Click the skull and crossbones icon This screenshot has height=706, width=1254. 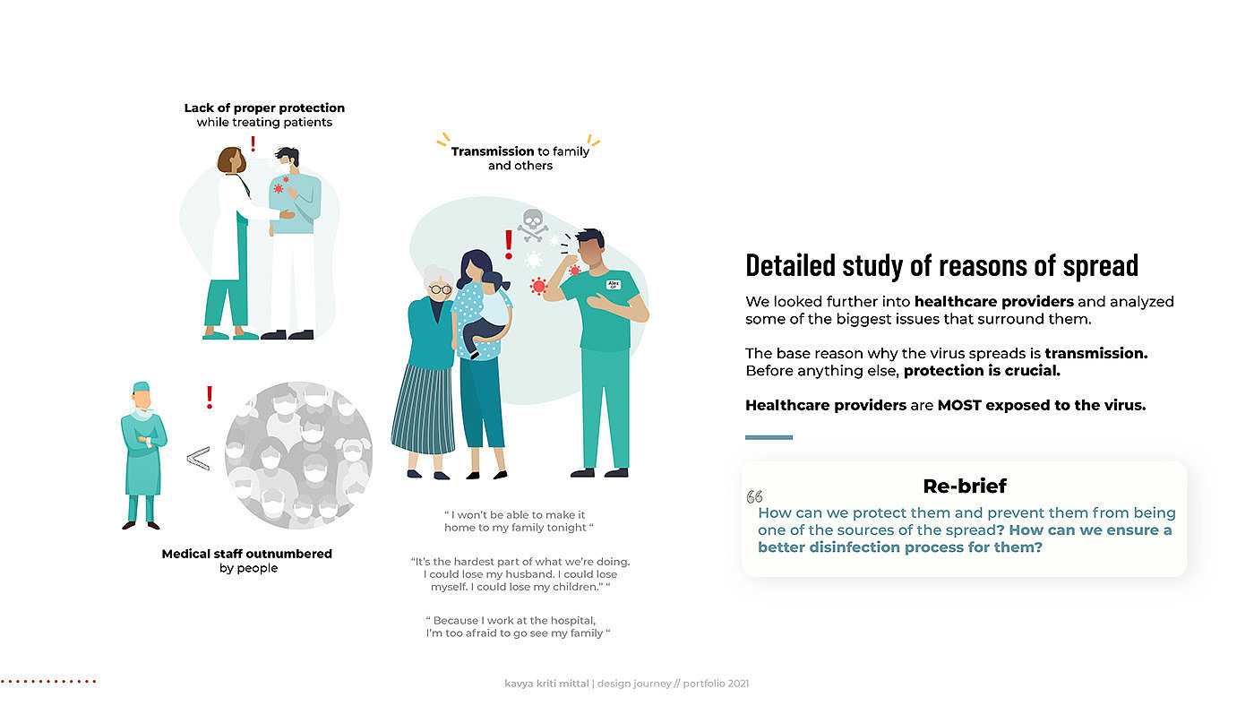pyautogui.click(x=533, y=224)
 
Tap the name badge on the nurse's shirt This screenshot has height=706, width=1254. pyautogui.click(x=614, y=284)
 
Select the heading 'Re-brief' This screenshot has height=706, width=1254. pyautogui.click(x=964, y=486)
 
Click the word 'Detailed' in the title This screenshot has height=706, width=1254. pyautogui.click(x=791, y=265)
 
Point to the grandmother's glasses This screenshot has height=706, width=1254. pyautogui.click(x=439, y=288)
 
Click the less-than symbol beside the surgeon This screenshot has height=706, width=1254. pyautogui.click(x=198, y=459)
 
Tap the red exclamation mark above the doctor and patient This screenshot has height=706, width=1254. pyautogui.click(x=253, y=144)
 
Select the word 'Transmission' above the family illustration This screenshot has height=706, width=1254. pyautogui.click(x=493, y=151)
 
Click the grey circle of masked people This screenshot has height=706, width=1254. pyautogui.click(x=298, y=455)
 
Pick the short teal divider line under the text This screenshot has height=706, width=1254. pyautogui.click(x=769, y=437)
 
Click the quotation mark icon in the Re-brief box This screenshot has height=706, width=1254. pyautogui.click(x=754, y=497)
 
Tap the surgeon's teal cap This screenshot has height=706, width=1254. pyautogui.click(x=141, y=387)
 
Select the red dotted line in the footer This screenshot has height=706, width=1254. pyautogui.click(x=48, y=682)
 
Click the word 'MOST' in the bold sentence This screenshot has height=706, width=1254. pyautogui.click(x=959, y=405)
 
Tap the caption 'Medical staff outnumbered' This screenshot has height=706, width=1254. pyautogui.click(x=246, y=554)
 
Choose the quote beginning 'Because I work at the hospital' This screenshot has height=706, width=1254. pyautogui.click(x=518, y=626)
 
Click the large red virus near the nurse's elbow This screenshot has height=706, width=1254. pyautogui.click(x=538, y=286)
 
